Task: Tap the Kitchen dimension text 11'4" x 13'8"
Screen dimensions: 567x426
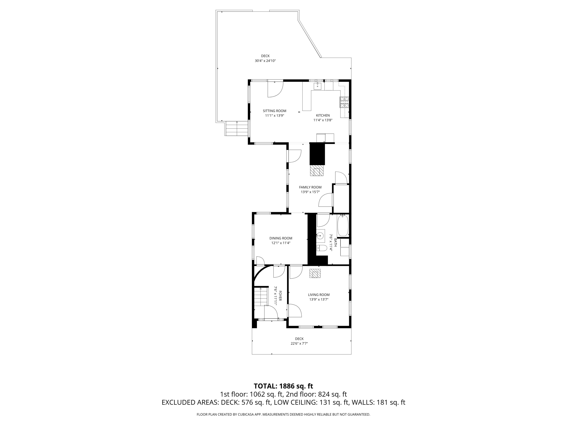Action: (323, 120)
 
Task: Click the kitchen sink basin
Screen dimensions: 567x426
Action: (317, 86)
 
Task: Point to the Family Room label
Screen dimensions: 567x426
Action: (310, 187)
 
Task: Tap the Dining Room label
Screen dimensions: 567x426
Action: (281, 238)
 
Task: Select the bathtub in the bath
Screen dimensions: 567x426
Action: (342, 226)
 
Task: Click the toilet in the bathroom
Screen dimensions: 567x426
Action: (322, 248)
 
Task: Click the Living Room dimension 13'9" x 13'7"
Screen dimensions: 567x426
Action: (319, 299)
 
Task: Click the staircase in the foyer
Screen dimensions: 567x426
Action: (260, 297)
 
